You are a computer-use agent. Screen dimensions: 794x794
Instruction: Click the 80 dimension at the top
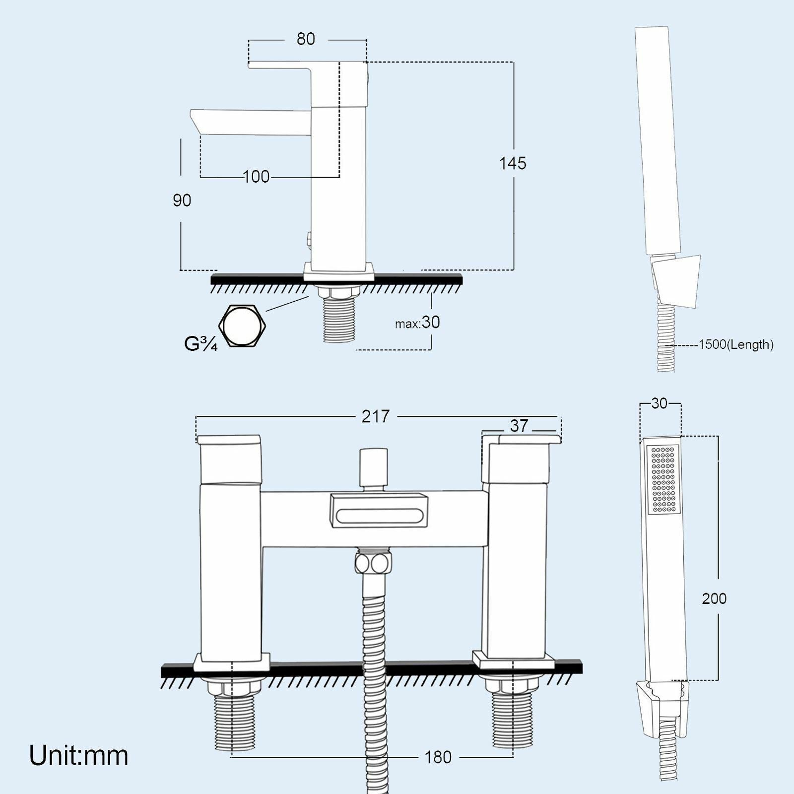tap(306, 39)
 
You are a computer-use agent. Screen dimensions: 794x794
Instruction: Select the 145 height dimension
tap(513, 163)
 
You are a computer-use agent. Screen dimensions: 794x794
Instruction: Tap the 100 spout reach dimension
tap(257, 177)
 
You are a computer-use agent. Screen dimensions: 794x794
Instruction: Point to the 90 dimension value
tap(182, 200)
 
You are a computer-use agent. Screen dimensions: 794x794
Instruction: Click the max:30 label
tap(418, 323)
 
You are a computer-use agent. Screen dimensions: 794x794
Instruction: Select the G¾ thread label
tap(200, 343)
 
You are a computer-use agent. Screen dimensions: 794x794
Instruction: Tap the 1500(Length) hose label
tap(735, 344)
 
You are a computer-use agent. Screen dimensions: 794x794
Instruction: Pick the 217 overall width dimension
tap(376, 416)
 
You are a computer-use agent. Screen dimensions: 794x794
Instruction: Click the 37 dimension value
tap(519, 426)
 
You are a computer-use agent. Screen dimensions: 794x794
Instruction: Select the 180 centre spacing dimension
tap(438, 757)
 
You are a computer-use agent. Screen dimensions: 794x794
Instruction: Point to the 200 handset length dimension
tap(714, 598)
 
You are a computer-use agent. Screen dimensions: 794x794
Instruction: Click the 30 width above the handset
tap(660, 403)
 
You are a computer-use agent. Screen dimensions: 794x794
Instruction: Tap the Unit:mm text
tap(79, 755)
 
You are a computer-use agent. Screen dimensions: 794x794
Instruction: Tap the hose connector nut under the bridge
tap(372, 564)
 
